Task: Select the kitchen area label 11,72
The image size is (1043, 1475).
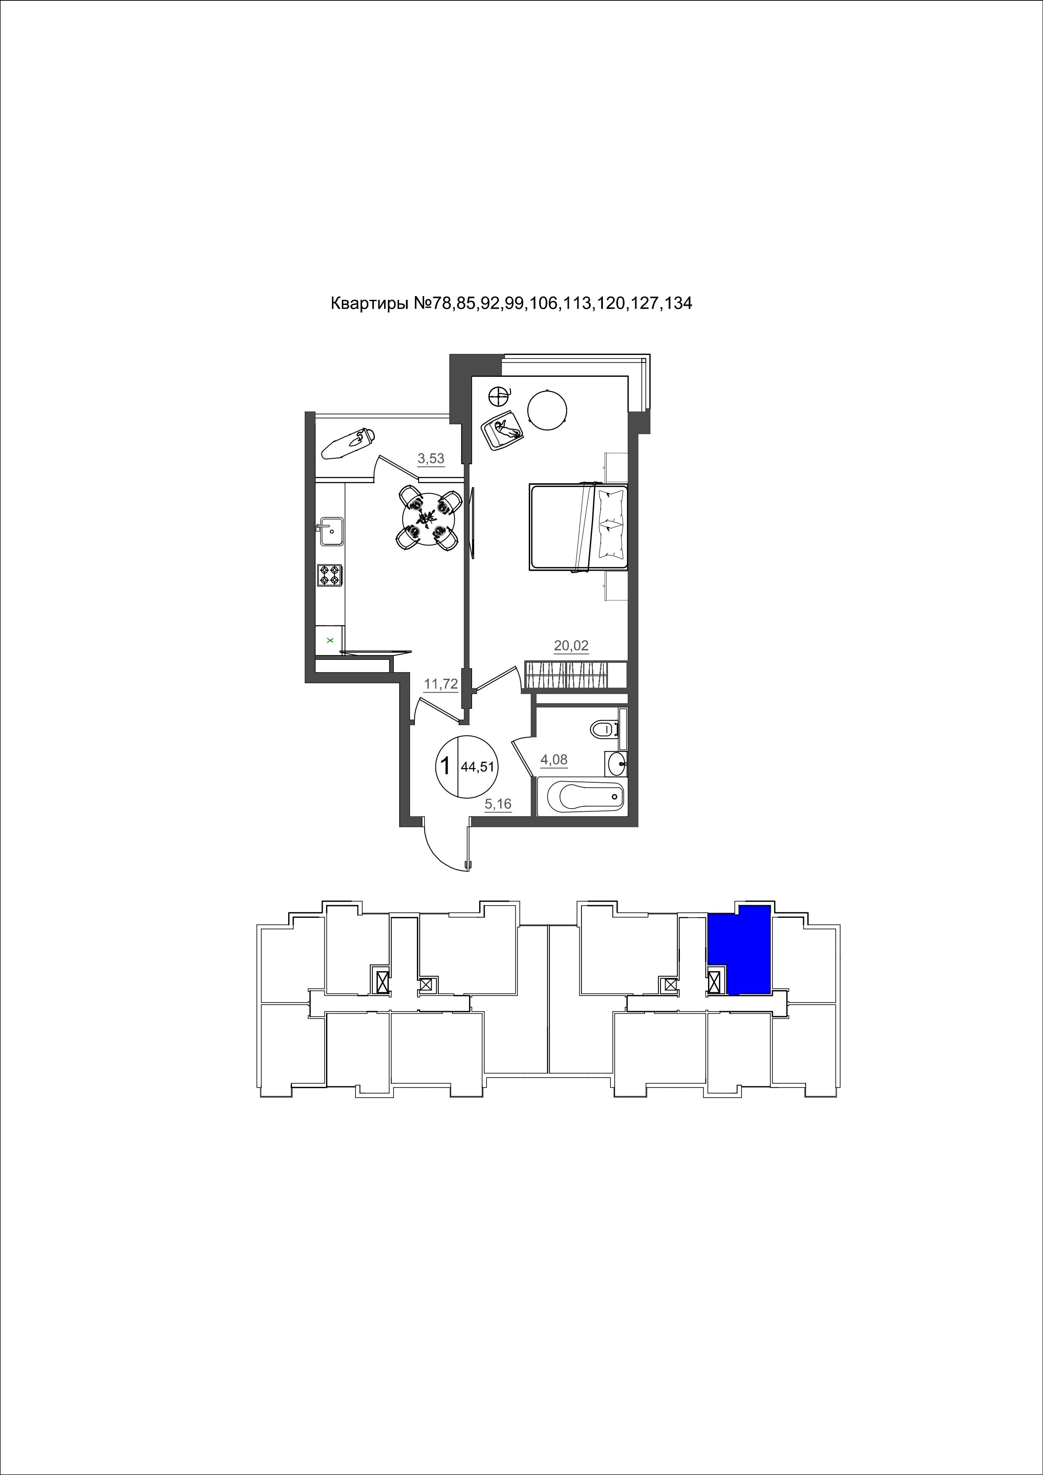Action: pyautogui.click(x=441, y=684)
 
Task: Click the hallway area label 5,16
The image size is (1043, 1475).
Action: pyautogui.click(x=498, y=804)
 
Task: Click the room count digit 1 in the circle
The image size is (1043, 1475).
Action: pyautogui.click(x=445, y=766)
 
